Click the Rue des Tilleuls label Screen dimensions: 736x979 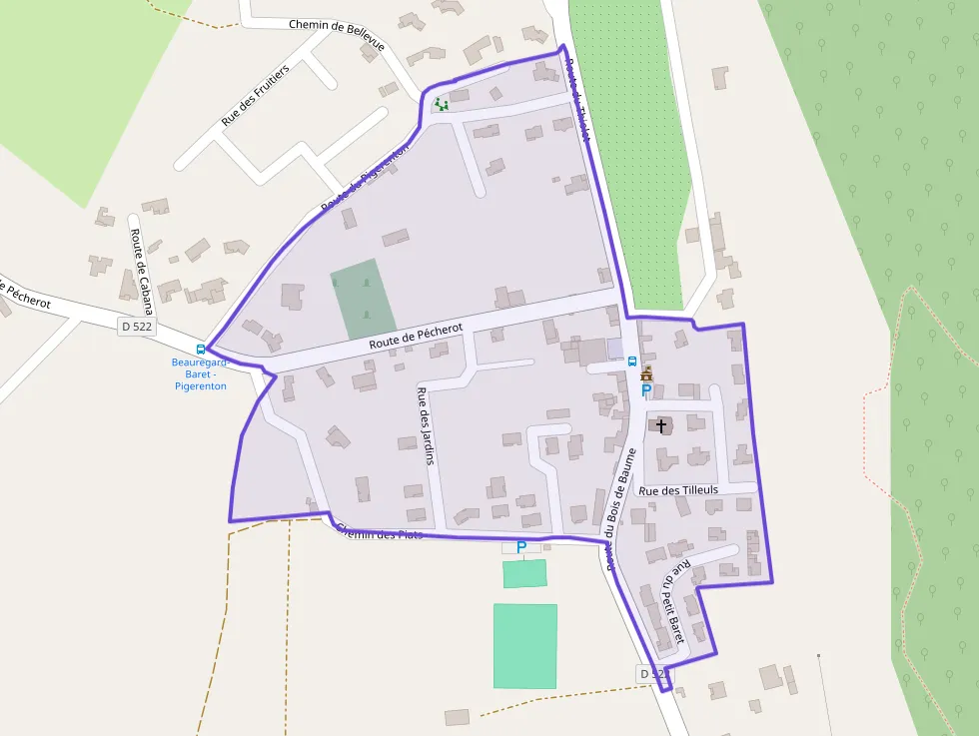(678, 490)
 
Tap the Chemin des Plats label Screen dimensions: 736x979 (380, 532)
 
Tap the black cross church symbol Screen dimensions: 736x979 (661, 425)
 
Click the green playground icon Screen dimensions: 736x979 (441, 103)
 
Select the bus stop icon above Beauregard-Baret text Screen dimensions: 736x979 (201, 350)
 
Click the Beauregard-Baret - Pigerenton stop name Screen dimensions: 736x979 (200, 373)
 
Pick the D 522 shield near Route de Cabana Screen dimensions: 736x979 (136, 326)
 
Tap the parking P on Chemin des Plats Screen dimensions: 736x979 (520, 546)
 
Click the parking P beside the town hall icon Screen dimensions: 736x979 (645, 390)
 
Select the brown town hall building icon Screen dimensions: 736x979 (646, 373)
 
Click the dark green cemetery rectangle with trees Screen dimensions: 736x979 (357, 298)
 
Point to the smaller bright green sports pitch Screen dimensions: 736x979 (524, 573)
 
